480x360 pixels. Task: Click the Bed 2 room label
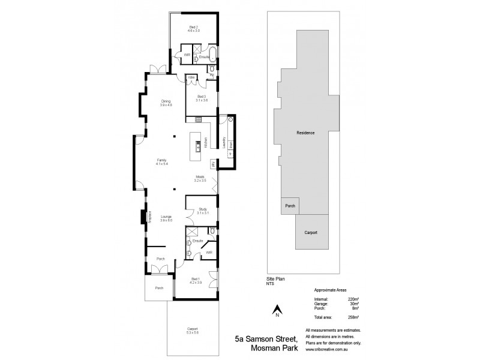pyautogui.click(x=194, y=28)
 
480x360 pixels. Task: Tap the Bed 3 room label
pyautogui.click(x=202, y=98)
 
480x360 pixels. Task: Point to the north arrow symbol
pyautogui.click(x=277, y=311)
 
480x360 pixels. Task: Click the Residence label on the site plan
pyautogui.click(x=306, y=132)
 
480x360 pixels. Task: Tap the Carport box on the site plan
pyautogui.click(x=311, y=232)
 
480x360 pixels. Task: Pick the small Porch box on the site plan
pyautogui.click(x=290, y=205)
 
